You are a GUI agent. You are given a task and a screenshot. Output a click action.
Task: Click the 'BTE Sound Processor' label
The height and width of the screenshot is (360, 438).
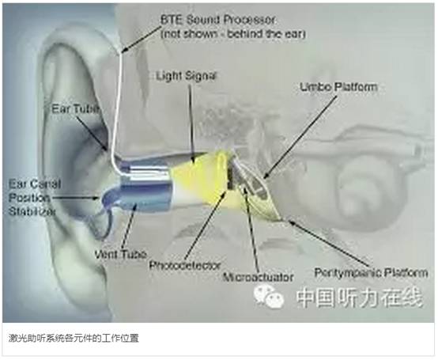(217, 20)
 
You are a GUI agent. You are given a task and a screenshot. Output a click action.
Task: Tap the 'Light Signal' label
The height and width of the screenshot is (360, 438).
(186, 76)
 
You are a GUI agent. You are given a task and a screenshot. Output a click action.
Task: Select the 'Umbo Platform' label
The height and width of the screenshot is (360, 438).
(338, 87)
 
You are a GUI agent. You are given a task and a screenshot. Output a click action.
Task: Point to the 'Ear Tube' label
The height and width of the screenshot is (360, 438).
(75, 108)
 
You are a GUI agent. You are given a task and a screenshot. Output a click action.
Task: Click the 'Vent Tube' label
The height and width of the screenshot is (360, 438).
(120, 254)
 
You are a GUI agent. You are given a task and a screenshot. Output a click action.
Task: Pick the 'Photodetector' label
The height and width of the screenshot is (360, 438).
(185, 265)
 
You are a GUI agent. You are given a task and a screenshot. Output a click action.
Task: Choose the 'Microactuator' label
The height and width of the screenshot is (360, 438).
(258, 277)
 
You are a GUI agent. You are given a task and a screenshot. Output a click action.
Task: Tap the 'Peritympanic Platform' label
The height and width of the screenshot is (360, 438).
(371, 272)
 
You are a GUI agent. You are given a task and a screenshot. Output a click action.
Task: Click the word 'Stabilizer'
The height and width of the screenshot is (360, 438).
(32, 211)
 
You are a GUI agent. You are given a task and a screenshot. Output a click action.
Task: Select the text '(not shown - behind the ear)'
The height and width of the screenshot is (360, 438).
(233, 34)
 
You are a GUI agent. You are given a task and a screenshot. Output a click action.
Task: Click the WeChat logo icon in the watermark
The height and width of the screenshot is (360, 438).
(269, 296)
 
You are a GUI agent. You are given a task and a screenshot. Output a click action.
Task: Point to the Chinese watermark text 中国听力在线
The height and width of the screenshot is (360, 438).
(359, 297)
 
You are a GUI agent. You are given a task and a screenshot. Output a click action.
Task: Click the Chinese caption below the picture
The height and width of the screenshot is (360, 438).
(74, 339)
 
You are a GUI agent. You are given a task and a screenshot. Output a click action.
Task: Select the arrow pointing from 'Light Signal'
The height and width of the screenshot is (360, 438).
(191, 123)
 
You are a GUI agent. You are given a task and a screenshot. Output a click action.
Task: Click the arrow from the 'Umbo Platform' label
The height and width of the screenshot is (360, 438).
(300, 137)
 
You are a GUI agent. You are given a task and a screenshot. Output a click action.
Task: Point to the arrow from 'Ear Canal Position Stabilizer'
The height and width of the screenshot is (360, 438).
(75, 198)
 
